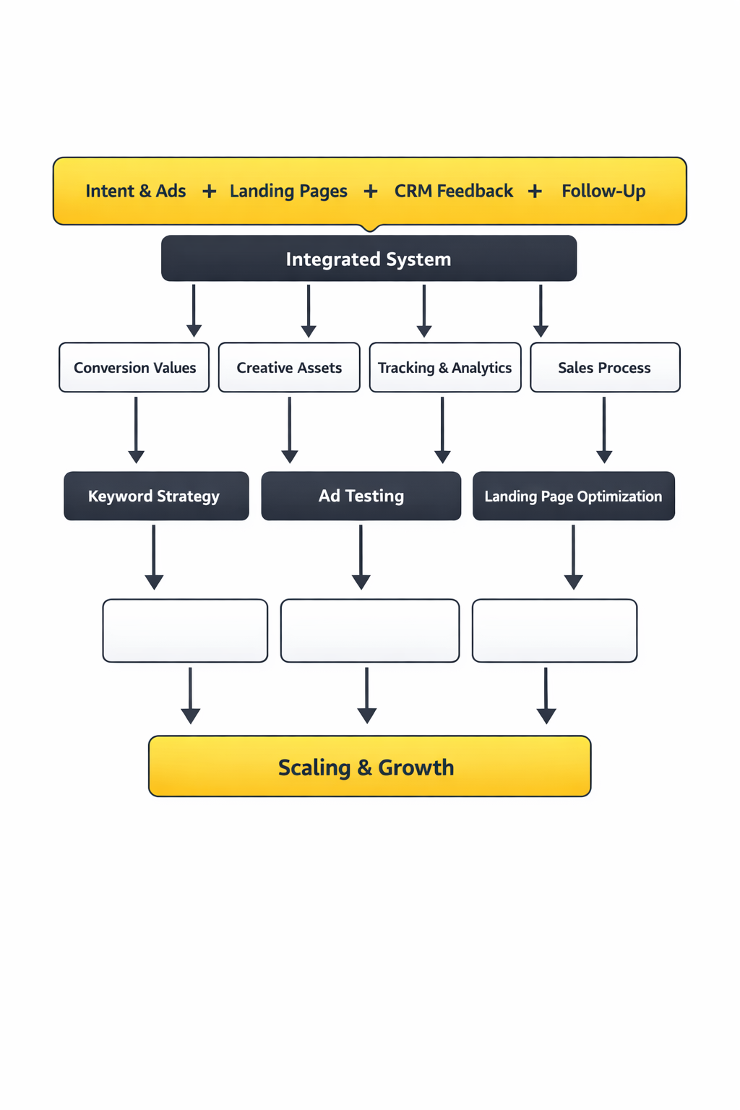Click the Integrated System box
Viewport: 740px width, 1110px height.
(x=369, y=259)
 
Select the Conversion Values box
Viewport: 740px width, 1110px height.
(x=134, y=368)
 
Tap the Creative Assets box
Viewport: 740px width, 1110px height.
(x=289, y=368)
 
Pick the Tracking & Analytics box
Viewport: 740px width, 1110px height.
(x=444, y=368)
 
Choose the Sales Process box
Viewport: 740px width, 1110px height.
(x=605, y=368)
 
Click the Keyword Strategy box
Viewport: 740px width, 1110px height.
(x=156, y=496)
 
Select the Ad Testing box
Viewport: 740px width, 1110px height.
(x=361, y=496)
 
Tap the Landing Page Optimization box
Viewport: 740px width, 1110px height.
(x=573, y=496)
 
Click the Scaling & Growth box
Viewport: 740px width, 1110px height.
(x=369, y=767)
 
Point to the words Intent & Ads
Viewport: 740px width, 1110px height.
(x=136, y=192)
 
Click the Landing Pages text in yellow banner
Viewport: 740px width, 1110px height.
(x=288, y=192)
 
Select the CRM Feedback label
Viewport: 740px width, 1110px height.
(x=453, y=192)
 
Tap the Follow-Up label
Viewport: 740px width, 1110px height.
(x=603, y=192)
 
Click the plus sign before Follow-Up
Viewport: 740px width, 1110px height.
(x=535, y=192)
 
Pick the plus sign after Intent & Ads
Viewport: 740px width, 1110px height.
(x=209, y=192)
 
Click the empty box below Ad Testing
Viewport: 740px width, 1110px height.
(x=369, y=631)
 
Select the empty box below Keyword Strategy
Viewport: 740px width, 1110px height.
(x=185, y=631)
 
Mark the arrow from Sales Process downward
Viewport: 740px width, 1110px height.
(x=604, y=430)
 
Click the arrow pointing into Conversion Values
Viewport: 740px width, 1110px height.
(x=194, y=311)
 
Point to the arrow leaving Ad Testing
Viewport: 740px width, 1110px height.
(x=361, y=556)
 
